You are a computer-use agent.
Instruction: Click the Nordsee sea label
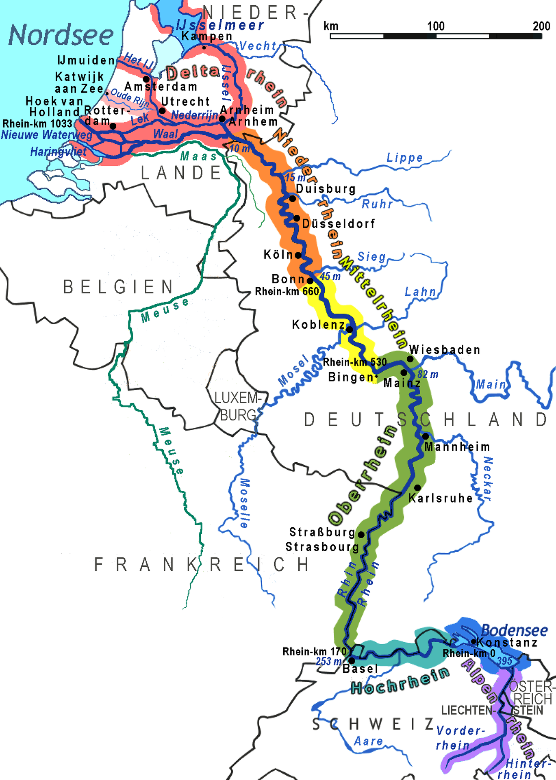click(x=61, y=35)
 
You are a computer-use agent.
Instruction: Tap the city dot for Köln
click(x=298, y=255)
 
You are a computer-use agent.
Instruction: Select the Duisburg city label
click(x=326, y=189)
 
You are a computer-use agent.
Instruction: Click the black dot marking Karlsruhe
click(x=417, y=487)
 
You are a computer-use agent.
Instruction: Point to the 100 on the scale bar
click(x=436, y=26)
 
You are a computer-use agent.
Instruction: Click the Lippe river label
click(x=404, y=158)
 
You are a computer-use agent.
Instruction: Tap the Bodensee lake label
click(x=514, y=630)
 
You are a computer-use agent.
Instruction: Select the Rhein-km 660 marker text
click(x=287, y=291)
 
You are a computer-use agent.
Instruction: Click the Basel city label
click(x=361, y=668)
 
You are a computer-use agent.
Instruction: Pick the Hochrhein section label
click(x=400, y=681)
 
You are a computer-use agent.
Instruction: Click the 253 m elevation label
click(x=329, y=661)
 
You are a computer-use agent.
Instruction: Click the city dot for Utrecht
click(x=162, y=110)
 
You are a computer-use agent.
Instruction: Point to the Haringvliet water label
click(x=58, y=152)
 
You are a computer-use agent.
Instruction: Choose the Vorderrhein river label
click(x=459, y=738)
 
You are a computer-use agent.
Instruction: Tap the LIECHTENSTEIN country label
click(x=492, y=710)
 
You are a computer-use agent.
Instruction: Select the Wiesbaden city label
click(x=445, y=350)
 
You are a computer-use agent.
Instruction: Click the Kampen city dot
click(x=204, y=48)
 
